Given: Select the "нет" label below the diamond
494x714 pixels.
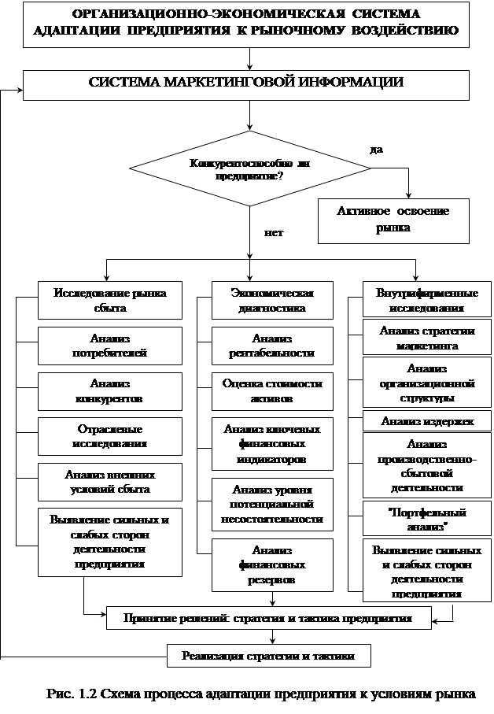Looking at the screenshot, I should pyautogui.click(x=274, y=233).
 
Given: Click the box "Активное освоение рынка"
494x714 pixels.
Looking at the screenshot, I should pyautogui.click(x=393, y=220).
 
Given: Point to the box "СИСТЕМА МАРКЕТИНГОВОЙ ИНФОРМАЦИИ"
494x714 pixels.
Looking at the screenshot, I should pyautogui.click(x=246, y=82).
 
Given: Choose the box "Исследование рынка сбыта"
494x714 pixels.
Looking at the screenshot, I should pyautogui.click(x=110, y=300).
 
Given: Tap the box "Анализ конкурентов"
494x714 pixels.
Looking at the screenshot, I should pyautogui.click(x=110, y=390).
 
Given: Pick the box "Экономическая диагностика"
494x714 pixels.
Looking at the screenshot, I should pyautogui.click(x=272, y=300).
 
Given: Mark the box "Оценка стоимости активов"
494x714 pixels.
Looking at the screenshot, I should pyautogui.click(x=272, y=391).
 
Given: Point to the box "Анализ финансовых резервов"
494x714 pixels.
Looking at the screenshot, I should pyautogui.click(x=272, y=564).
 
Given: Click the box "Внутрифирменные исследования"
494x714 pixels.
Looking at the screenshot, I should pyautogui.click(x=427, y=300).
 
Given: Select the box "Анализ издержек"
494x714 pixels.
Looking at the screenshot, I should pyautogui.click(x=427, y=421).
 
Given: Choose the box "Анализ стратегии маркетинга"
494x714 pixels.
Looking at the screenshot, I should pyautogui.click(x=427, y=338).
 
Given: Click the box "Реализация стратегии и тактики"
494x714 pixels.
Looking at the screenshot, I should pyautogui.click(x=268, y=655).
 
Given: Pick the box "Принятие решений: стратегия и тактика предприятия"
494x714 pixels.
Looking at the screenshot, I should pyautogui.click(x=268, y=619).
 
